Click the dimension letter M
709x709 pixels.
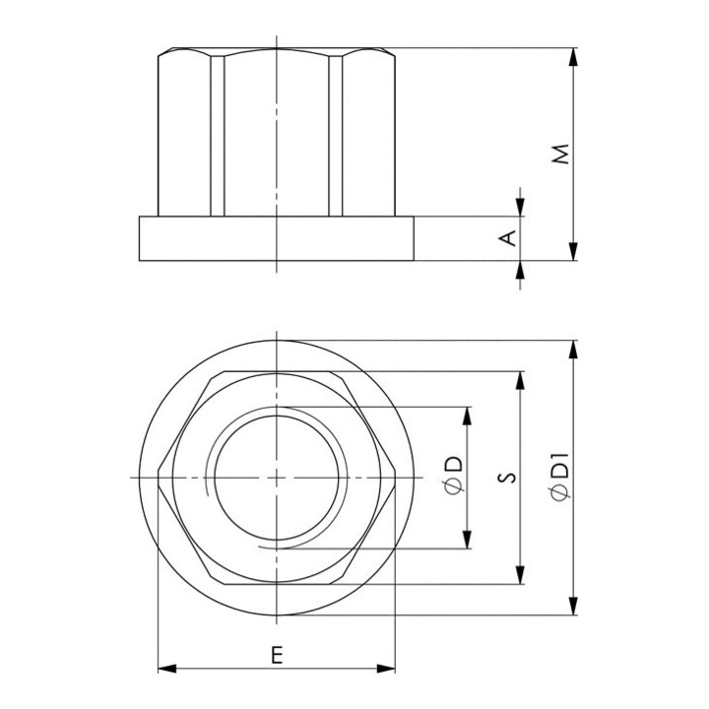coord(561,154)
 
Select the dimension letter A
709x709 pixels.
coord(509,238)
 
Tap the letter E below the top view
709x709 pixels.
coord(277,655)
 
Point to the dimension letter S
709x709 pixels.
coord(509,478)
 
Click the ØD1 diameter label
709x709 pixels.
coord(561,478)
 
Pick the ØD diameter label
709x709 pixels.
coord(455,476)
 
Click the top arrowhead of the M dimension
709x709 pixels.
coord(573,56)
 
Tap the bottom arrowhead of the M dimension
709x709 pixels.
coord(573,251)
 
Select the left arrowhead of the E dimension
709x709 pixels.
coord(167,669)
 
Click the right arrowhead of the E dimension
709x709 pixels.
coord(386,669)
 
